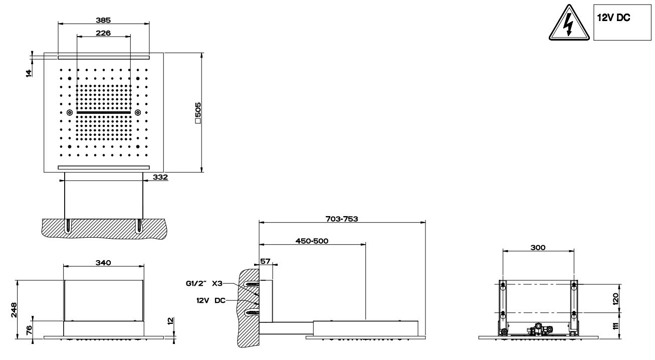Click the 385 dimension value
click(x=103, y=20)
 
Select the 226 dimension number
click(x=103, y=33)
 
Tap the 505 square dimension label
click(x=198, y=113)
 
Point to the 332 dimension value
click(x=160, y=177)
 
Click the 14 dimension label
click(x=29, y=73)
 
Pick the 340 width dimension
click(x=103, y=263)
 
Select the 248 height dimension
click(x=14, y=310)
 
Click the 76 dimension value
click(x=29, y=330)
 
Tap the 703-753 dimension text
click(x=342, y=219)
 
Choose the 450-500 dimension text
click(x=312, y=241)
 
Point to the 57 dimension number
click(x=265, y=261)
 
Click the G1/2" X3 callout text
click(x=204, y=283)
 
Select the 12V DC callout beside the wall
click(x=211, y=300)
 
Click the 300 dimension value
click(x=538, y=247)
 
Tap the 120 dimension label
click(x=615, y=299)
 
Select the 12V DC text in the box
click(x=613, y=18)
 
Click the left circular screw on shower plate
click(x=70, y=112)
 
